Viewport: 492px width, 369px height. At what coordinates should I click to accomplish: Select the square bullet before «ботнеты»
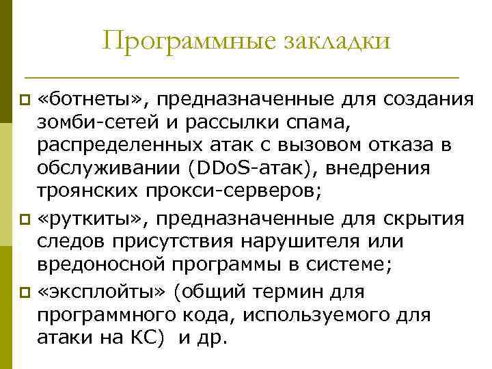[25, 100]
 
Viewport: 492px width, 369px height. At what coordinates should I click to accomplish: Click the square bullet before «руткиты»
[25, 221]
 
